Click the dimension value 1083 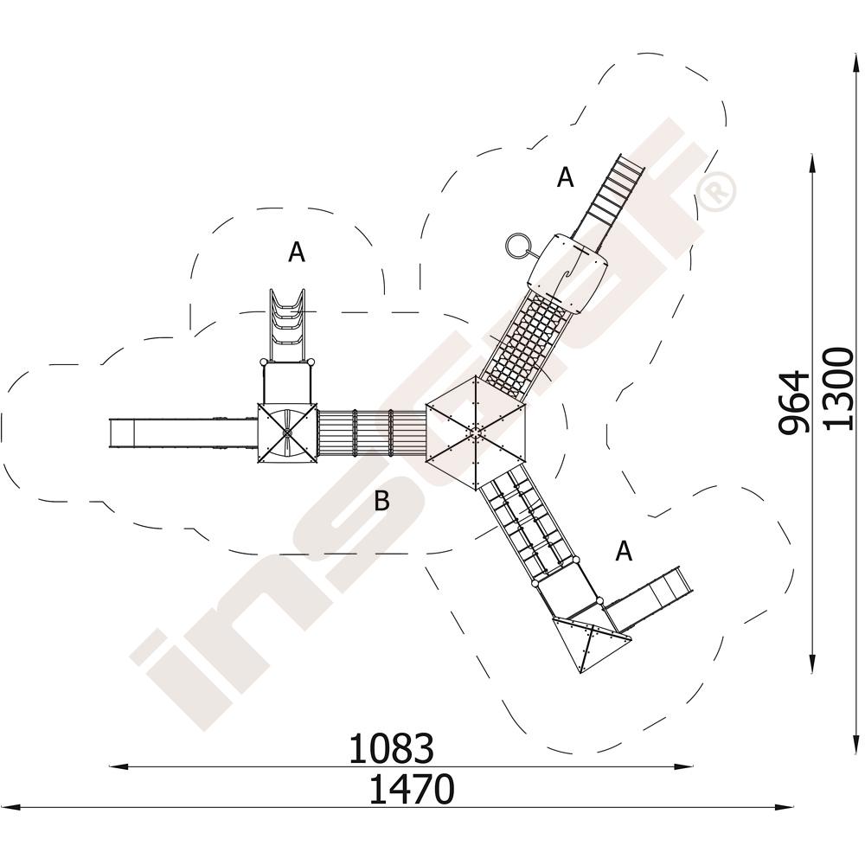click(391, 748)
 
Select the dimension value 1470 click(412, 790)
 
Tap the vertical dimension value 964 click(794, 403)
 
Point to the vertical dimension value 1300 click(837, 388)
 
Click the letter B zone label click(381, 501)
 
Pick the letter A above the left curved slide click(297, 253)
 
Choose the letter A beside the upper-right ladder click(566, 177)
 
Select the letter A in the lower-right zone click(624, 550)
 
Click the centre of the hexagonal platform click(476, 432)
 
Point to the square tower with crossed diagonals click(287, 433)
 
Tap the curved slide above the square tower click(286, 325)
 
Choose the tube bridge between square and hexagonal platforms click(372, 433)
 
